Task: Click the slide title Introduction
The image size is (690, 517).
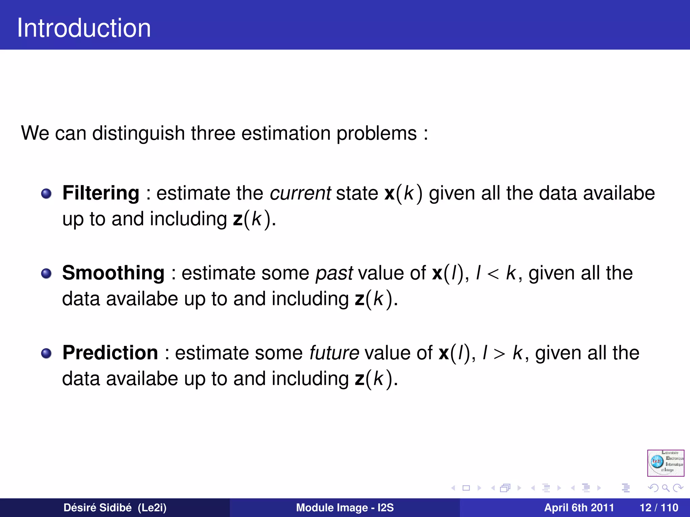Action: [x=84, y=28]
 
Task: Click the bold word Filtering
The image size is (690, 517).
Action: [x=101, y=193]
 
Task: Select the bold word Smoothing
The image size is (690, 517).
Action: [x=113, y=273]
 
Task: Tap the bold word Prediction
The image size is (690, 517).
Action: [x=110, y=353]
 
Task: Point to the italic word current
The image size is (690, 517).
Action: [x=300, y=194]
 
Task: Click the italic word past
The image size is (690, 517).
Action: [x=334, y=273]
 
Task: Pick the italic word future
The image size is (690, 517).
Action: [x=334, y=353]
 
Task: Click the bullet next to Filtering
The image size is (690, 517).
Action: [x=46, y=194]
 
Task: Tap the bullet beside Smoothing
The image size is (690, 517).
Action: [x=46, y=273]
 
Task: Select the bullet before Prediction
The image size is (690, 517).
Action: [x=46, y=353]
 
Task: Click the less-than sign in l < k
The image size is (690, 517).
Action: [x=493, y=274]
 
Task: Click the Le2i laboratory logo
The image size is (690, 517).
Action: [x=665, y=463]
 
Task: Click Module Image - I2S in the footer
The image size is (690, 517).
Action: [x=345, y=508]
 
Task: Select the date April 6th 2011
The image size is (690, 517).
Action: [x=579, y=508]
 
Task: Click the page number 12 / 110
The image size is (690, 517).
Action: [x=659, y=508]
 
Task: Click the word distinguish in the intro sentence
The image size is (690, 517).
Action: [x=138, y=134]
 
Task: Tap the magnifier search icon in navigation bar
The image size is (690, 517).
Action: [x=665, y=488]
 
